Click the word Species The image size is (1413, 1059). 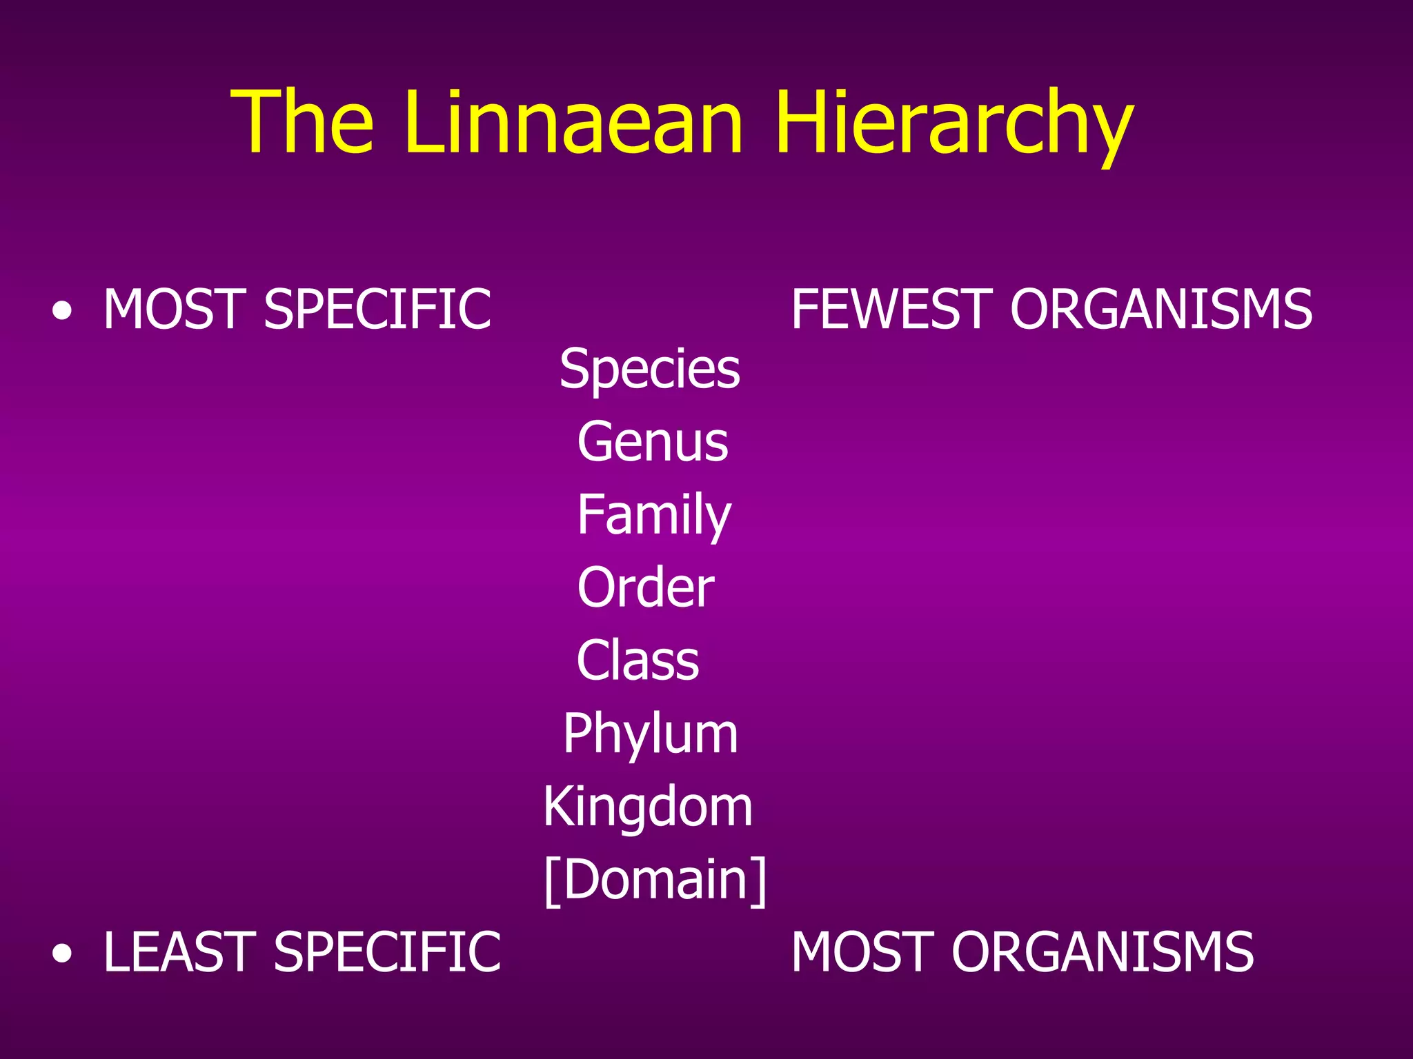(x=649, y=370)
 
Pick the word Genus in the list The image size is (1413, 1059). (x=653, y=442)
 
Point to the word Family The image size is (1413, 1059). (x=653, y=515)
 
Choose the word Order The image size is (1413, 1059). (x=646, y=587)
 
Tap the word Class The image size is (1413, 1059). (x=638, y=660)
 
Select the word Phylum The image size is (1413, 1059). (x=650, y=734)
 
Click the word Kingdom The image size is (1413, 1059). (x=647, y=807)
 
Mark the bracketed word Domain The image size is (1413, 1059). (x=655, y=880)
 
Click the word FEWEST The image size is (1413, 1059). (x=891, y=310)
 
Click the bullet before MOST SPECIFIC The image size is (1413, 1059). (x=62, y=312)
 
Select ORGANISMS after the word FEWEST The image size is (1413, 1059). (x=1161, y=310)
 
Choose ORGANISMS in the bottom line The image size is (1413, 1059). (x=1103, y=953)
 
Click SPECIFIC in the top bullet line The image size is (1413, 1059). (x=377, y=310)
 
